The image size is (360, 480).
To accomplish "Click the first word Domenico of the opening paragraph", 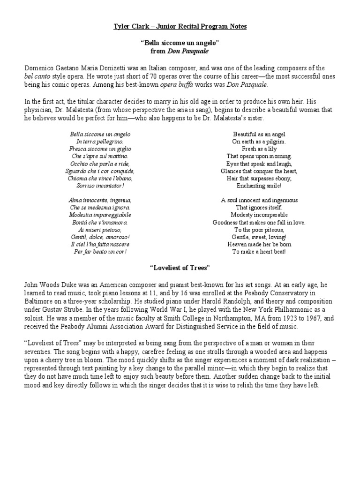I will click(x=40, y=68).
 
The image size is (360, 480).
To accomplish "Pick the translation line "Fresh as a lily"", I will click(x=259, y=149).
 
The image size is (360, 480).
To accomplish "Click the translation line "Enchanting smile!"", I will click(x=259, y=186).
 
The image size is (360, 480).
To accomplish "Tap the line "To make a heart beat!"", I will click(x=259, y=252).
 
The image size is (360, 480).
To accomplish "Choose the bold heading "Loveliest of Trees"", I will click(x=180, y=268).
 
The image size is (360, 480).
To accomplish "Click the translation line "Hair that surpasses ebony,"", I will click(x=259, y=179).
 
